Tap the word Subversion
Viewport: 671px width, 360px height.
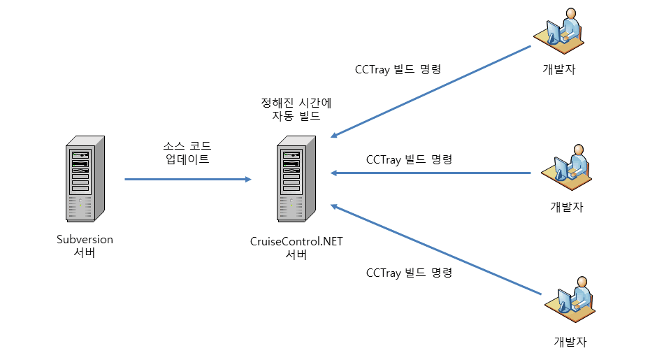tap(85, 239)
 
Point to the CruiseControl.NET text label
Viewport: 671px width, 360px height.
tap(296, 241)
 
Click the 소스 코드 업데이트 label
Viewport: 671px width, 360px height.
tap(185, 152)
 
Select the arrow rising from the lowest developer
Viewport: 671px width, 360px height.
tap(437, 250)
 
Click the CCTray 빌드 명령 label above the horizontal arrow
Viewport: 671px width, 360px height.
tap(410, 159)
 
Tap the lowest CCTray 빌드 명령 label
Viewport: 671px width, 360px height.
tap(410, 273)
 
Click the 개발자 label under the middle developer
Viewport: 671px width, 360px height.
tap(567, 207)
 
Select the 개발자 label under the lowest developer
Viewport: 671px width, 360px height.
tap(570, 342)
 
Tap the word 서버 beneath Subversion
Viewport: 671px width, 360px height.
tap(85, 252)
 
